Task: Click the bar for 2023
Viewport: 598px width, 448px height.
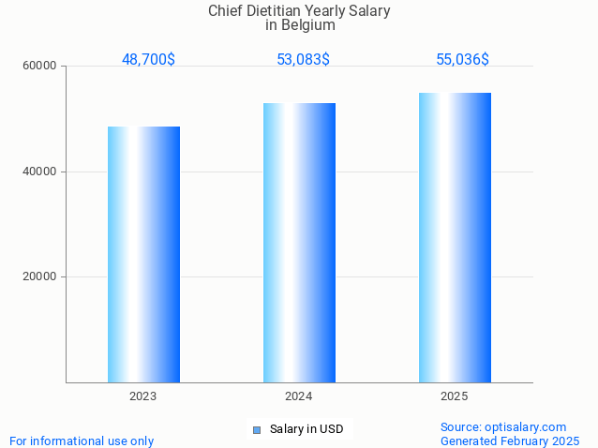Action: (143, 254)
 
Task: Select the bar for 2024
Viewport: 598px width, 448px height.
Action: (299, 243)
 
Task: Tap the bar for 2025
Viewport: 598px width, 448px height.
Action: (455, 237)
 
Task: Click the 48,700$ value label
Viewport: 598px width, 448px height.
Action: (148, 59)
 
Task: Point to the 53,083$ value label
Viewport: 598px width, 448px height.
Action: (303, 59)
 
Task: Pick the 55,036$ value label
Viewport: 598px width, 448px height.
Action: (462, 59)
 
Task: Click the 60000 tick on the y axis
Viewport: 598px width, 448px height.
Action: (40, 67)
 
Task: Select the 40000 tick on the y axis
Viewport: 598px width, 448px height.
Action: (40, 172)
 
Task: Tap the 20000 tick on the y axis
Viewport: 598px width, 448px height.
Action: (40, 277)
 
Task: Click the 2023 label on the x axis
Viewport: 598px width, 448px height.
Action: (143, 396)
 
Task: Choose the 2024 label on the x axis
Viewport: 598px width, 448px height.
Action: (299, 396)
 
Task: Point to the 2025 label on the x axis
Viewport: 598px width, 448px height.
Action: (455, 396)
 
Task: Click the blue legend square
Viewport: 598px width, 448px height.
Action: (256, 429)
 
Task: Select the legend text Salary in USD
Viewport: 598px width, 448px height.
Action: (306, 429)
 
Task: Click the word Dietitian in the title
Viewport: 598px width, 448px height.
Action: (281, 11)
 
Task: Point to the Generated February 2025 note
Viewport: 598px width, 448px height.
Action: (510, 441)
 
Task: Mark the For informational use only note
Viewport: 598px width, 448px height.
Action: (82, 441)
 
